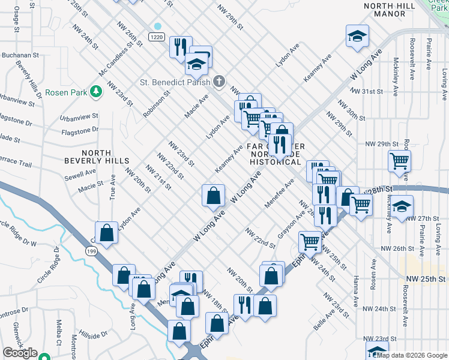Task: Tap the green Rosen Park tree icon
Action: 95,91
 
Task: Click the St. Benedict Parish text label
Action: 175,82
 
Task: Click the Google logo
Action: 20,353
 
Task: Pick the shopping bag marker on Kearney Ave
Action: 213,196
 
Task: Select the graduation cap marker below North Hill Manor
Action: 357,36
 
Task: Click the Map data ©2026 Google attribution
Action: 411,355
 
